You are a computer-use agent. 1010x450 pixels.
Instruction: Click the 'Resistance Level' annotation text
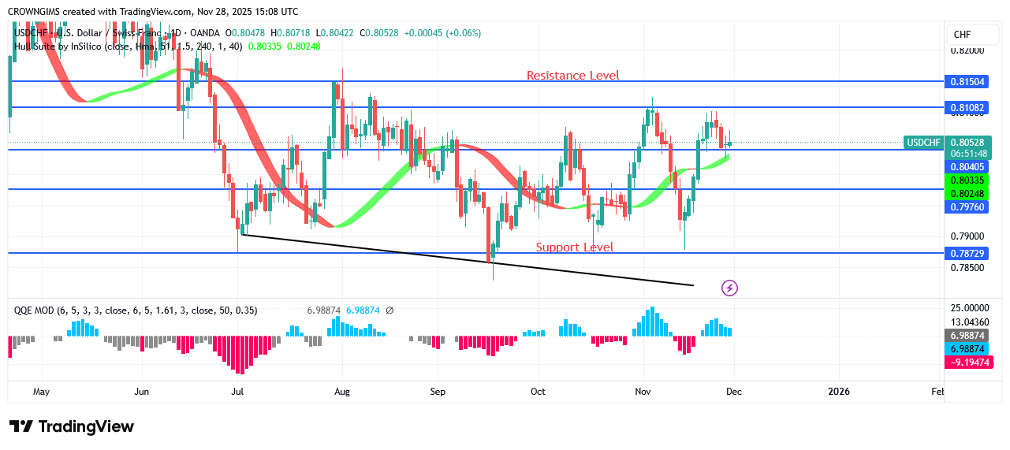[573, 76]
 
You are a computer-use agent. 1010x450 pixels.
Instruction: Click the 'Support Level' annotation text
[575, 247]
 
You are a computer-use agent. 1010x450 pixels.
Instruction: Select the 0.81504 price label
[968, 82]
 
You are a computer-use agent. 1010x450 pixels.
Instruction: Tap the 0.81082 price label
[968, 106]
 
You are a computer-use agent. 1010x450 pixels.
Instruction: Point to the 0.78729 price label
[968, 253]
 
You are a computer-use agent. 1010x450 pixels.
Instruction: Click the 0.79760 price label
[968, 207]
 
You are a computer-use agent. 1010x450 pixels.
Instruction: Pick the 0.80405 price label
[968, 167]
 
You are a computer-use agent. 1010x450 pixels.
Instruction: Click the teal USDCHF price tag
[924, 143]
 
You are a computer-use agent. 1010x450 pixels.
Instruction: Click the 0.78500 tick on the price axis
[967, 268]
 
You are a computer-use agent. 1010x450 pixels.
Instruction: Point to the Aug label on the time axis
[341, 392]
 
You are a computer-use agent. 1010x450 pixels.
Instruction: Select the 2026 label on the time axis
[839, 392]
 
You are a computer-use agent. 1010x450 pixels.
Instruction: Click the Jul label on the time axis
[237, 392]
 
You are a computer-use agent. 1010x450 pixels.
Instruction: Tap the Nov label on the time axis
[643, 392]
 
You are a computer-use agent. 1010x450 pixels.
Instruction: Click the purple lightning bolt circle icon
[730, 288]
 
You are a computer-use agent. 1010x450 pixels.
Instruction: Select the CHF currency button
[963, 35]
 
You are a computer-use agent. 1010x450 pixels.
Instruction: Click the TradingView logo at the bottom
[72, 426]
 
